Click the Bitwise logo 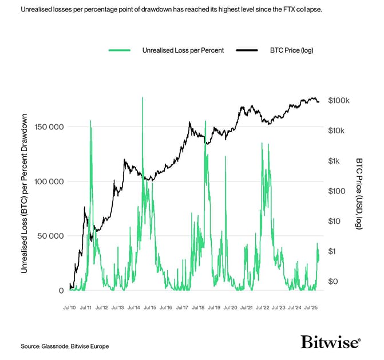point(331,342)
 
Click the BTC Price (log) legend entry point(291,50)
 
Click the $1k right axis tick point(335,161)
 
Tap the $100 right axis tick point(337,191)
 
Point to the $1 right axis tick point(332,251)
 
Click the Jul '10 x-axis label point(70,307)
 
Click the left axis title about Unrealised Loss point(25,193)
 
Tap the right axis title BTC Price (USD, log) point(359,193)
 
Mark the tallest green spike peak point(142,98)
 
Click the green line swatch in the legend point(120,50)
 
